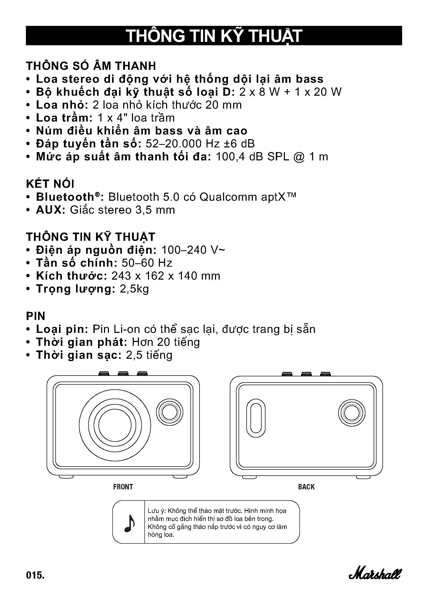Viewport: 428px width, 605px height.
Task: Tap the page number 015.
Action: [x=35, y=575]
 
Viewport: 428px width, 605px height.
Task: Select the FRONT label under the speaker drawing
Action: [x=123, y=487]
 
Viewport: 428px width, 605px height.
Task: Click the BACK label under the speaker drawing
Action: [x=306, y=487]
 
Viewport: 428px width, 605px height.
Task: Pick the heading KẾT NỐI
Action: [x=50, y=184]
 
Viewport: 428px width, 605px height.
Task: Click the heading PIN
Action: [x=35, y=316]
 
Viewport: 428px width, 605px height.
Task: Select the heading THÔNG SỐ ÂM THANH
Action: [x=91, y=66]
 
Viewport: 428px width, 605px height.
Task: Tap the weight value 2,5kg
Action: [x=134, y=289]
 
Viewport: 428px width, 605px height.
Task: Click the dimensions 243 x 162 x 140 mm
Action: [x=166, y=276]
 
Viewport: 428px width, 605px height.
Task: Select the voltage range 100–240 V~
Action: [x=193, y=250]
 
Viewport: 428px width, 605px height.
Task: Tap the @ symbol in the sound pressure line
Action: [x=299, y=157]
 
